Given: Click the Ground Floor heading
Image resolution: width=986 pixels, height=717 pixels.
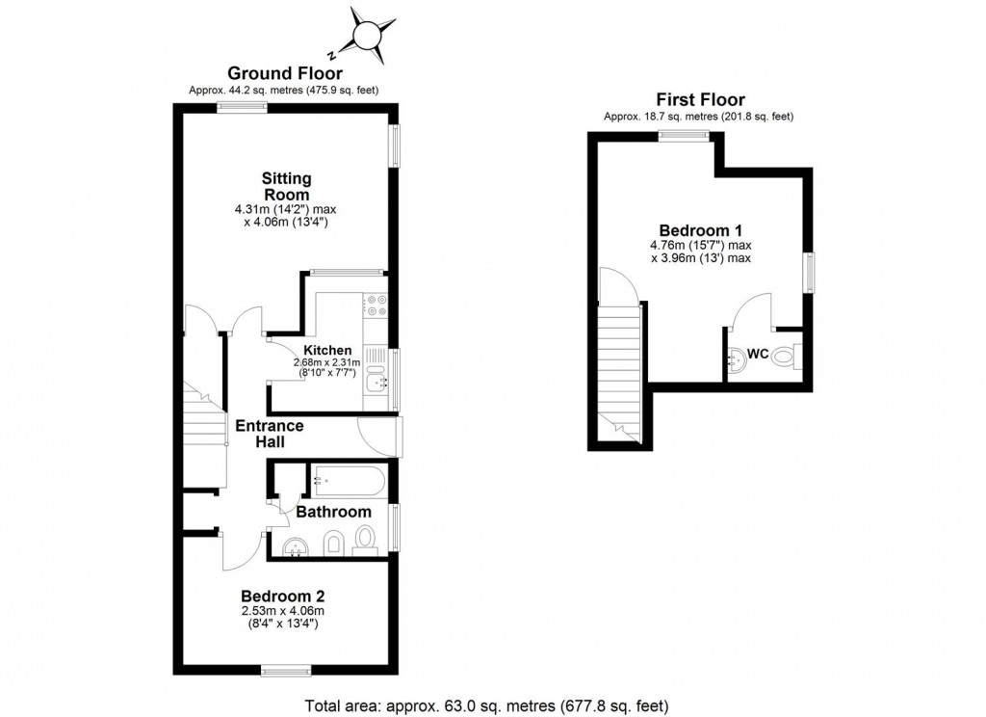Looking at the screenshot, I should pos(284,73).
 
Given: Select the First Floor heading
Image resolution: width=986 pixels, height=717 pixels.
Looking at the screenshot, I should pos(700,98).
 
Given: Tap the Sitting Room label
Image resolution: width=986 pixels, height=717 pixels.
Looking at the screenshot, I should pos(287,187).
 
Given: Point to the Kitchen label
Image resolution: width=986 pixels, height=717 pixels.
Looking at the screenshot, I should pos(327,350).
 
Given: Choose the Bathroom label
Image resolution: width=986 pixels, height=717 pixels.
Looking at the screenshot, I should pos(333,512).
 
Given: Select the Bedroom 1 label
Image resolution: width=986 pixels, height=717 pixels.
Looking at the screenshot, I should pos(700,230).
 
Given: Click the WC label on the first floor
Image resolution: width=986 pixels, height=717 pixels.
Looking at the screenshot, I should pos(758,355).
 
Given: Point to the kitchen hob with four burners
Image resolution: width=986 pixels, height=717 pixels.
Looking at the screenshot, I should pos(375,305).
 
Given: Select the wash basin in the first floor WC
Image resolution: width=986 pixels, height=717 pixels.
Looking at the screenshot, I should pos(736,358).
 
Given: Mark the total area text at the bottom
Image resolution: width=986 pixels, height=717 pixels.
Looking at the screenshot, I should pos(486,704).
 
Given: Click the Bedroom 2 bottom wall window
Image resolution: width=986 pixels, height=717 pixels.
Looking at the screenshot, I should pos(286,669).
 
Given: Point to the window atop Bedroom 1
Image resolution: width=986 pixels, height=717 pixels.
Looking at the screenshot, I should pos(685,137).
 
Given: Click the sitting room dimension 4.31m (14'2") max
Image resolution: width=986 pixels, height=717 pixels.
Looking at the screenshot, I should pos(287,209).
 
